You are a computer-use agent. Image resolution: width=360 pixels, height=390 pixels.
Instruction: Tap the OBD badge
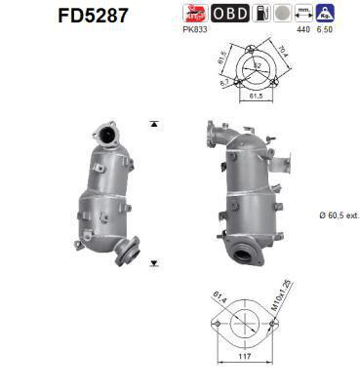(229, 14)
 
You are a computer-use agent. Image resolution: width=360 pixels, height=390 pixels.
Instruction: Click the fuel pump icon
(261, 14)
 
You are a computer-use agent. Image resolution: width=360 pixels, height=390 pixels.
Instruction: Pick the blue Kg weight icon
(329, 14)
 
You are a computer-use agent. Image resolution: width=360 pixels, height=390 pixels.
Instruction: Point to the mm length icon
(305, 14)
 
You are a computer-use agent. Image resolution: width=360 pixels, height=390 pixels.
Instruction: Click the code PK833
(195, 31)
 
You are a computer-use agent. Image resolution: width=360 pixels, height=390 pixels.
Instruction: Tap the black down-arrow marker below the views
(153, 263)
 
